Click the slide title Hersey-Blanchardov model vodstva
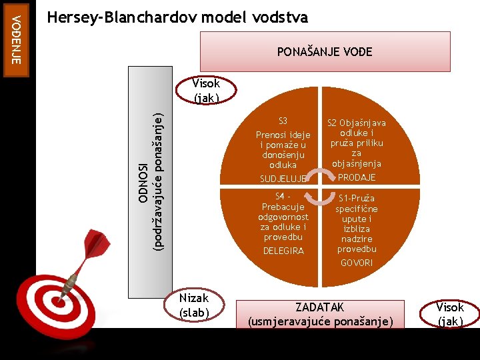[178, 17]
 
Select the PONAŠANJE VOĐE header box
[325, 51]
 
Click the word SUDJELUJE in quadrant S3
[283, 179]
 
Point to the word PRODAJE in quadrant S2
[357, 177]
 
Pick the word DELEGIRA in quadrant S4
[283, 251]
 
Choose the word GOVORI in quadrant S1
[357, 263]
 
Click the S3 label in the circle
[283, 121]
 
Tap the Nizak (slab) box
[193, 305]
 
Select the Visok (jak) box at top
[206, 90]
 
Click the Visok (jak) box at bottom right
[450, 313]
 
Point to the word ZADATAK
[320, 307]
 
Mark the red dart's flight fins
[98, 243]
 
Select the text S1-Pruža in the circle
[357, 198]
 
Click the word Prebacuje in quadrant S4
[283, 207]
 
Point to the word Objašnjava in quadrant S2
[363, 123]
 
